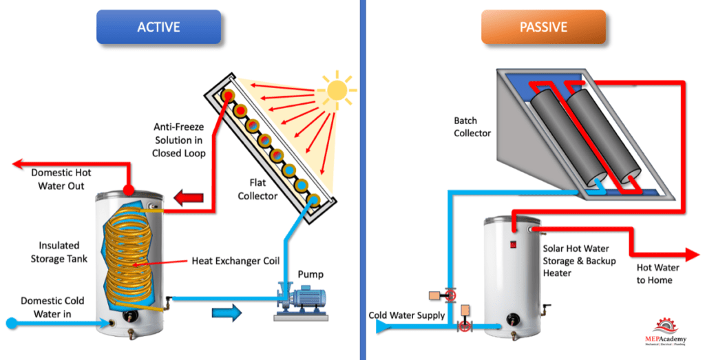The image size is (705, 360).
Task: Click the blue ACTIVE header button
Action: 158,28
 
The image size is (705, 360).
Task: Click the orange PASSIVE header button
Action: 543,28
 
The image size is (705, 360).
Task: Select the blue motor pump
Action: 300,301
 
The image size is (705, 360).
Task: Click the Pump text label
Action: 310,274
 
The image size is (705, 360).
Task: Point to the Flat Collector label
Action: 257,190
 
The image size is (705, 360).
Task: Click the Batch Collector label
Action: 472,127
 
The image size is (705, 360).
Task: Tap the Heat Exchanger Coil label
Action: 237,262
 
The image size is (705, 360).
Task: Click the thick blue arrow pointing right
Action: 227,314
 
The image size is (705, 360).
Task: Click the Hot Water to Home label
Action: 657,273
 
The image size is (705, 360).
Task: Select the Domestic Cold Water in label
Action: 52,308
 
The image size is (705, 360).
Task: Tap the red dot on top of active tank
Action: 127,190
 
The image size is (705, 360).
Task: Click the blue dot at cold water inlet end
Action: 11,322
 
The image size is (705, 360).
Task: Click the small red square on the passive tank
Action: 513,244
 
